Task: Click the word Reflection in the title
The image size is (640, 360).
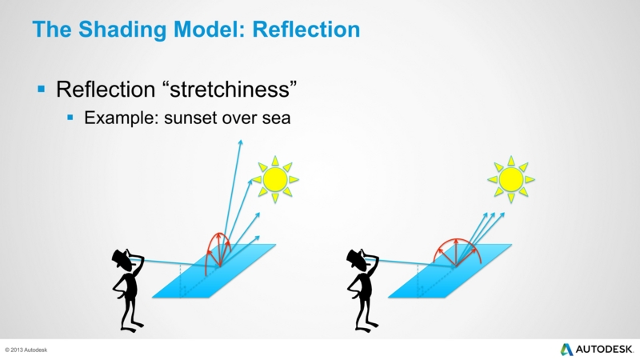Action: [306, 30]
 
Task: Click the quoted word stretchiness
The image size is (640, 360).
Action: [232, 89]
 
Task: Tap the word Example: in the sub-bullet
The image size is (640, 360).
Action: [122, 118]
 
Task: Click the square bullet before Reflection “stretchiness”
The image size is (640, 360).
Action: [42, 89]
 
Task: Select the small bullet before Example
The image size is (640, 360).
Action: [70, 118]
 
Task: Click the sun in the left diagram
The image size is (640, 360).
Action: [275, 179]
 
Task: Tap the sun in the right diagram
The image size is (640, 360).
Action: [511, 179]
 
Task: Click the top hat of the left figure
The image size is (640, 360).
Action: [122, 259]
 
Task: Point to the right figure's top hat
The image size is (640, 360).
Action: [357, 259]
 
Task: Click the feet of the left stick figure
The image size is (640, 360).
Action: [132, 326]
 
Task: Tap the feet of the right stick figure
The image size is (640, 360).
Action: [367, 326]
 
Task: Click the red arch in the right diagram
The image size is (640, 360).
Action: [456, 239]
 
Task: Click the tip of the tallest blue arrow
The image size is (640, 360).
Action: [241, 141]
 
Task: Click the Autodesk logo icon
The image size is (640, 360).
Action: [566, 350]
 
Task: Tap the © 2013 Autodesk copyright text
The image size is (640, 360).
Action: [26, 350]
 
